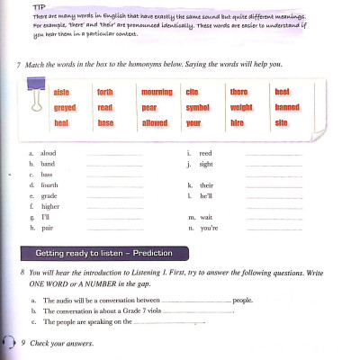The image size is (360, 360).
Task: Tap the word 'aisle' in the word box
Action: pyautogui.click(x=61, y=92)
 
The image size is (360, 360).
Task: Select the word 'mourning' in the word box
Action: pyautogui.click(x=157, y=92)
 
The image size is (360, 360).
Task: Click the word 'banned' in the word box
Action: pyautogui.click(x=287, y=106)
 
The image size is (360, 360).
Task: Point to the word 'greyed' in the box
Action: pyautogui.click(x=65, y=106)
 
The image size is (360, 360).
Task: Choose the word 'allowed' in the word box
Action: pyautogui.click(x=155, y=121)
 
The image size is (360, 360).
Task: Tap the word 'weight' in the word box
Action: pyautogui.click(x=241, y=106)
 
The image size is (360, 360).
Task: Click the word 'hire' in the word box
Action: pyautogui.click(x=238, y=121)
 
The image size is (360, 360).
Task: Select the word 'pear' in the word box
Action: pyautogui.click(x=148, y=106)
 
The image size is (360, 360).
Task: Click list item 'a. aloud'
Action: pyautogui.click(x=41, y=153)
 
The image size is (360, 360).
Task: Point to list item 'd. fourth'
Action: pyautogui.click(x=41, y=184)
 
